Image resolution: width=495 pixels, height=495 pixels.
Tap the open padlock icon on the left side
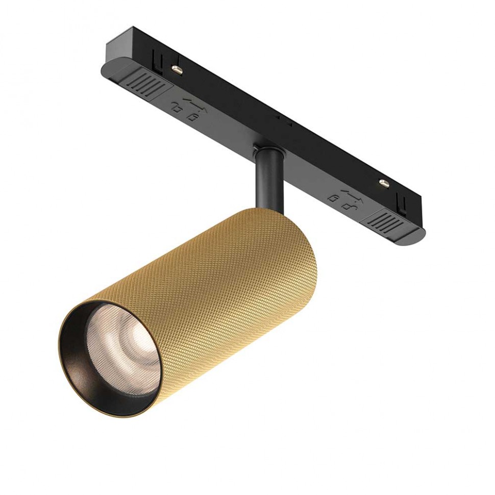[176, 108]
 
